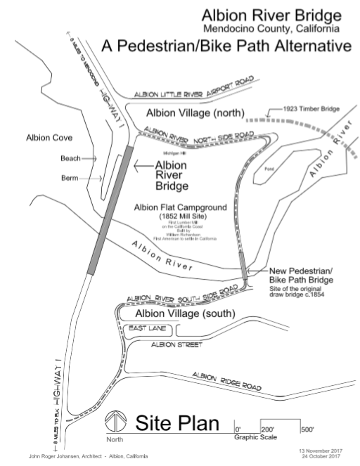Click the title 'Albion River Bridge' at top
click(272, 15)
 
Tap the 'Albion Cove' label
click(47, 137)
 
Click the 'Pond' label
click(269, 169)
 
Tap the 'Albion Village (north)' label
click(193, 113)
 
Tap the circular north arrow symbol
click(114, 425)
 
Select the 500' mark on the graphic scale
click(307, 429)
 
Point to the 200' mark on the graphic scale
click(267, 429)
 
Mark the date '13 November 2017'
click(320, 449)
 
